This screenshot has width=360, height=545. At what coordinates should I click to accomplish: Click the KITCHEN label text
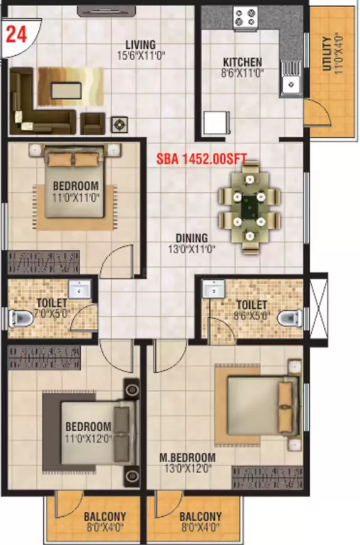click(242, 63)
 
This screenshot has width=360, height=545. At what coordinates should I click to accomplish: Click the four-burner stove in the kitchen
click(243, 18)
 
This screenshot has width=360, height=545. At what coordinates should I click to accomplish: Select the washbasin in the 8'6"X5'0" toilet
click(213, 290)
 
